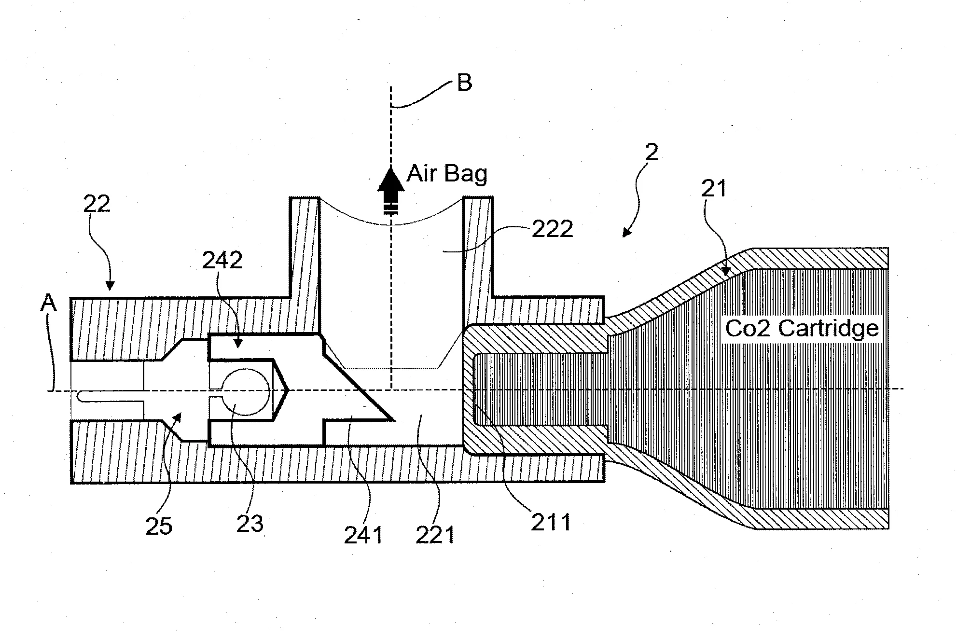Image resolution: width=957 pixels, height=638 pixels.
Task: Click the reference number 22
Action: pos(97,205)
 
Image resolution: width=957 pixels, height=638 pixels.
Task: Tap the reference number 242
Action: pos(222,261)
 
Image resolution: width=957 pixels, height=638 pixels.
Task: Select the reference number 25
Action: pos(158,527)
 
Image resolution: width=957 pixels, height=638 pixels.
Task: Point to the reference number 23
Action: pos(250,524)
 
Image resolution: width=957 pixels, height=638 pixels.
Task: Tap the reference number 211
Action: pos(551,523)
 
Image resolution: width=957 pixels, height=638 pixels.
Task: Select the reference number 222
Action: pos(552,229)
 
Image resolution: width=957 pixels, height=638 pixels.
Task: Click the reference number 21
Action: pos(714,189)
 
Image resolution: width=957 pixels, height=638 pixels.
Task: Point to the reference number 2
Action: pos(652,153)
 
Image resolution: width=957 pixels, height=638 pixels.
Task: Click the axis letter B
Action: pos(464,83)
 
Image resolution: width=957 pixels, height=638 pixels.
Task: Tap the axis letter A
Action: pos(48,304)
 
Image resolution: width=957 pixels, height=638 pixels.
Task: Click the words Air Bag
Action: pos(447,174)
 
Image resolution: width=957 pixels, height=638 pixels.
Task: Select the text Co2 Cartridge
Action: pos(802,329)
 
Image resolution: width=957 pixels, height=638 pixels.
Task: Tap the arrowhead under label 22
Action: pos(111,287)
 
